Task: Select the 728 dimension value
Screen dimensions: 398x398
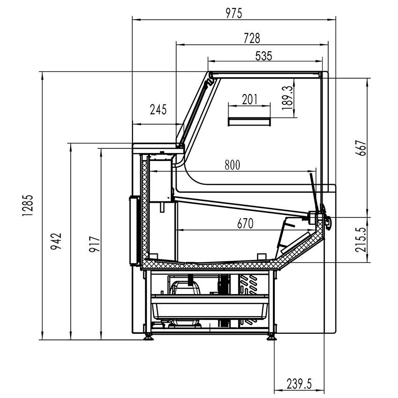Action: (x=251, y=38)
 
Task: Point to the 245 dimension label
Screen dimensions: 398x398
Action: (x=158, y=110)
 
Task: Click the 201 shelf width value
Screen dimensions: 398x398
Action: (x=250, y=99)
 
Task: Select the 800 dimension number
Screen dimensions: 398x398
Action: (x=232, y=165)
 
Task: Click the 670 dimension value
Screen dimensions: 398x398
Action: (x=244, y=224)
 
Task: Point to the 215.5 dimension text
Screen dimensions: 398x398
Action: (x=360, y=239)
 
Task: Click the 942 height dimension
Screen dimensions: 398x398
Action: (x=56, y=241)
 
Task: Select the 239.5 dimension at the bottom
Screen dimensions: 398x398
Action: (x=299, y=384)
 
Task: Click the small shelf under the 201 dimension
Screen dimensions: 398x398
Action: (x=249, y=122)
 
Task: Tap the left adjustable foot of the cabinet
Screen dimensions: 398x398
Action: (x=148, y=337)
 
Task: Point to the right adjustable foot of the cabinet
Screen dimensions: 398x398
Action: (x=271, y=337)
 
